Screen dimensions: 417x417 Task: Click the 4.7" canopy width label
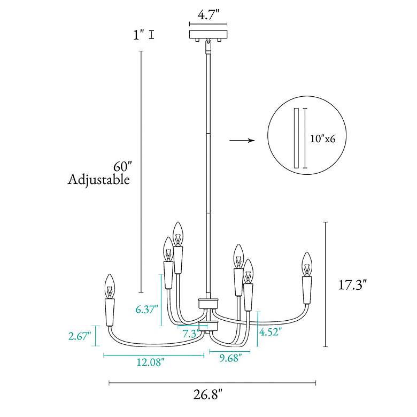(208, 14)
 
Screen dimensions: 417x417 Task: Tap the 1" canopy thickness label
(138, 35)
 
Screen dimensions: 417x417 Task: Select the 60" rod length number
(122, 166)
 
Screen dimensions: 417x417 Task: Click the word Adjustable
(99, 180)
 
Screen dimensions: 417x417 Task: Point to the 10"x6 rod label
(323, 138)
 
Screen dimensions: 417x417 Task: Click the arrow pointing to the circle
(242, 141)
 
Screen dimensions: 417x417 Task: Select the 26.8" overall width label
(207, 395)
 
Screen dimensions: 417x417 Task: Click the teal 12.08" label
(151, 362)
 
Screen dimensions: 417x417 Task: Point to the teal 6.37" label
(147, 310)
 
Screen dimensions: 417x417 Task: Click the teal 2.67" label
(80, 336)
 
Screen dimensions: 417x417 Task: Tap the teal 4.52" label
(271, 332)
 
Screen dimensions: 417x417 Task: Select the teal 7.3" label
(191, 334)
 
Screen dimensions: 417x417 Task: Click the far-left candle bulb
(110, 286)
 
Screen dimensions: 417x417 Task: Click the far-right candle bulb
(307, 264)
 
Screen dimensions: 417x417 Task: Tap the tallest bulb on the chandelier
(177, 234)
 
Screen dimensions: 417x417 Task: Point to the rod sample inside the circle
(297, 138)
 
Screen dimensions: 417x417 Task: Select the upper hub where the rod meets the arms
(208, 303)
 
